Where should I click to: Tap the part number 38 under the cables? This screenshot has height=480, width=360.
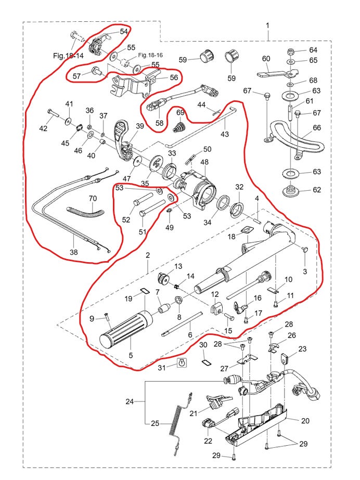74,252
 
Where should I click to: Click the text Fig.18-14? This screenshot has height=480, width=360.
68,56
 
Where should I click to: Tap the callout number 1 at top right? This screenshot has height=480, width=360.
267,25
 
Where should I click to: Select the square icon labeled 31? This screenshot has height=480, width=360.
183,363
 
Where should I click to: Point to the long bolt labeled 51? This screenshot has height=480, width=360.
153,207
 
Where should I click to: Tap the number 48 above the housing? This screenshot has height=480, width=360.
204,162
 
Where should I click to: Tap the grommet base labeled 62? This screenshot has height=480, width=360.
289,190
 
